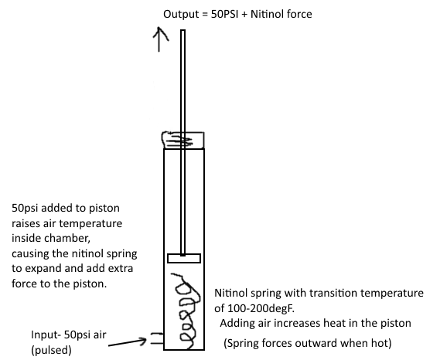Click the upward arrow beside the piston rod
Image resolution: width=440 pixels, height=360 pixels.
point(159,39)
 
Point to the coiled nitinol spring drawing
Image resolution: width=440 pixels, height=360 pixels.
point(186,311)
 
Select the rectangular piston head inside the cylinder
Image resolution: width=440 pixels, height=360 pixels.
point(184,258)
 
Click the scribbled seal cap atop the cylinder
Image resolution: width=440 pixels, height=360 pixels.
point(183,140)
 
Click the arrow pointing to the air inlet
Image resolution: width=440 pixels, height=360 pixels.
point(127,342)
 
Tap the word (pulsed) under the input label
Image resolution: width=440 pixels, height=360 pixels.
point(51,350)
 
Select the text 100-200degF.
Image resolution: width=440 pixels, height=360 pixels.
point(254,308)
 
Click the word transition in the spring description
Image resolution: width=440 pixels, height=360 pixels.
point(333,293)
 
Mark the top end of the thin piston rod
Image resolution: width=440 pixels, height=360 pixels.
point(183,30)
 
